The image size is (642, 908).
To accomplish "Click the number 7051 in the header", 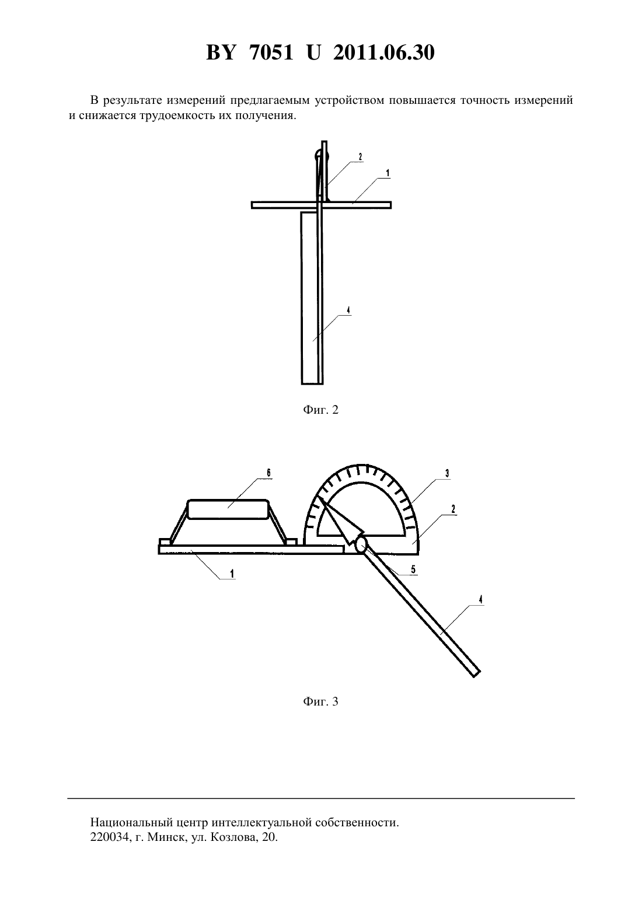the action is pyautogui.click(x=271, y=53).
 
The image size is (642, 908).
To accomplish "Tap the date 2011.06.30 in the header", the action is pyautogui.click(x=384, y=53).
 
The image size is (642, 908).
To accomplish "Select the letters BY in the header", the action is pyautogui.click(x=221, y=53).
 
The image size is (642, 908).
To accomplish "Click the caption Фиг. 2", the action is pyautogui.click(x=320, y=410).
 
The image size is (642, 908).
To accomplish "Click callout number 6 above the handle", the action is pyautogui.click(x=268, y=473).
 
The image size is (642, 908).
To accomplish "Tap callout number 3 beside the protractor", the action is pyautogui.click(x=446, y=473).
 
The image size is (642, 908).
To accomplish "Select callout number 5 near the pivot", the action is pyautogui.click(x=413, y=569).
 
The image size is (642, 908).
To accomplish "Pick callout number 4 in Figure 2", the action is pyautogui.click(x=348, y=310).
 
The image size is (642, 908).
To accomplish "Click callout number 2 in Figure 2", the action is pyautogui.click(x=360, y=156).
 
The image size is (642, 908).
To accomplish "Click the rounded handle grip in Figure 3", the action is pyautogui.click(x=228, y=509).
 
